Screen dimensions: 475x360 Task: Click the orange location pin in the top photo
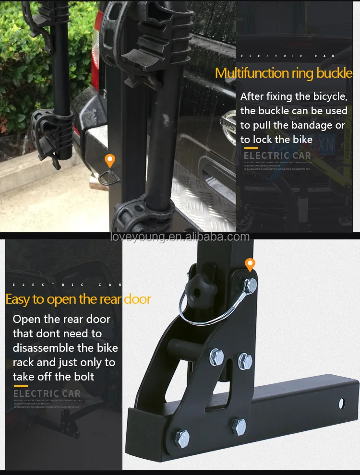[x=110, y=160]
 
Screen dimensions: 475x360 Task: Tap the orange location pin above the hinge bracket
[x=250, y=264]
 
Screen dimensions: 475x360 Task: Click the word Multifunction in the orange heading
[x=252, y=73]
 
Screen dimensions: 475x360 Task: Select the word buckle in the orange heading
[x=334, y=73]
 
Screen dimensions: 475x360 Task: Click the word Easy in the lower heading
[x=18, y=299]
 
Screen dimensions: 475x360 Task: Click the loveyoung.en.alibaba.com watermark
[x=180, y=237]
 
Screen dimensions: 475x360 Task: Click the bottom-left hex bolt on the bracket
[x=182, y=438]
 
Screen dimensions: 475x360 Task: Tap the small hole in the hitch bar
[x=341, y=403]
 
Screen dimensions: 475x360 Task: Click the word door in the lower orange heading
[x=137, y=299]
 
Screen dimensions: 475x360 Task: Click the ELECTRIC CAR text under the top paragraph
[x=277, y=155]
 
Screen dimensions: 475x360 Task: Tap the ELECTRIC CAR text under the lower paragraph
[x=47, y=393]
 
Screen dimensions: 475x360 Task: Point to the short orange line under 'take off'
[x=20, y=386]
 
